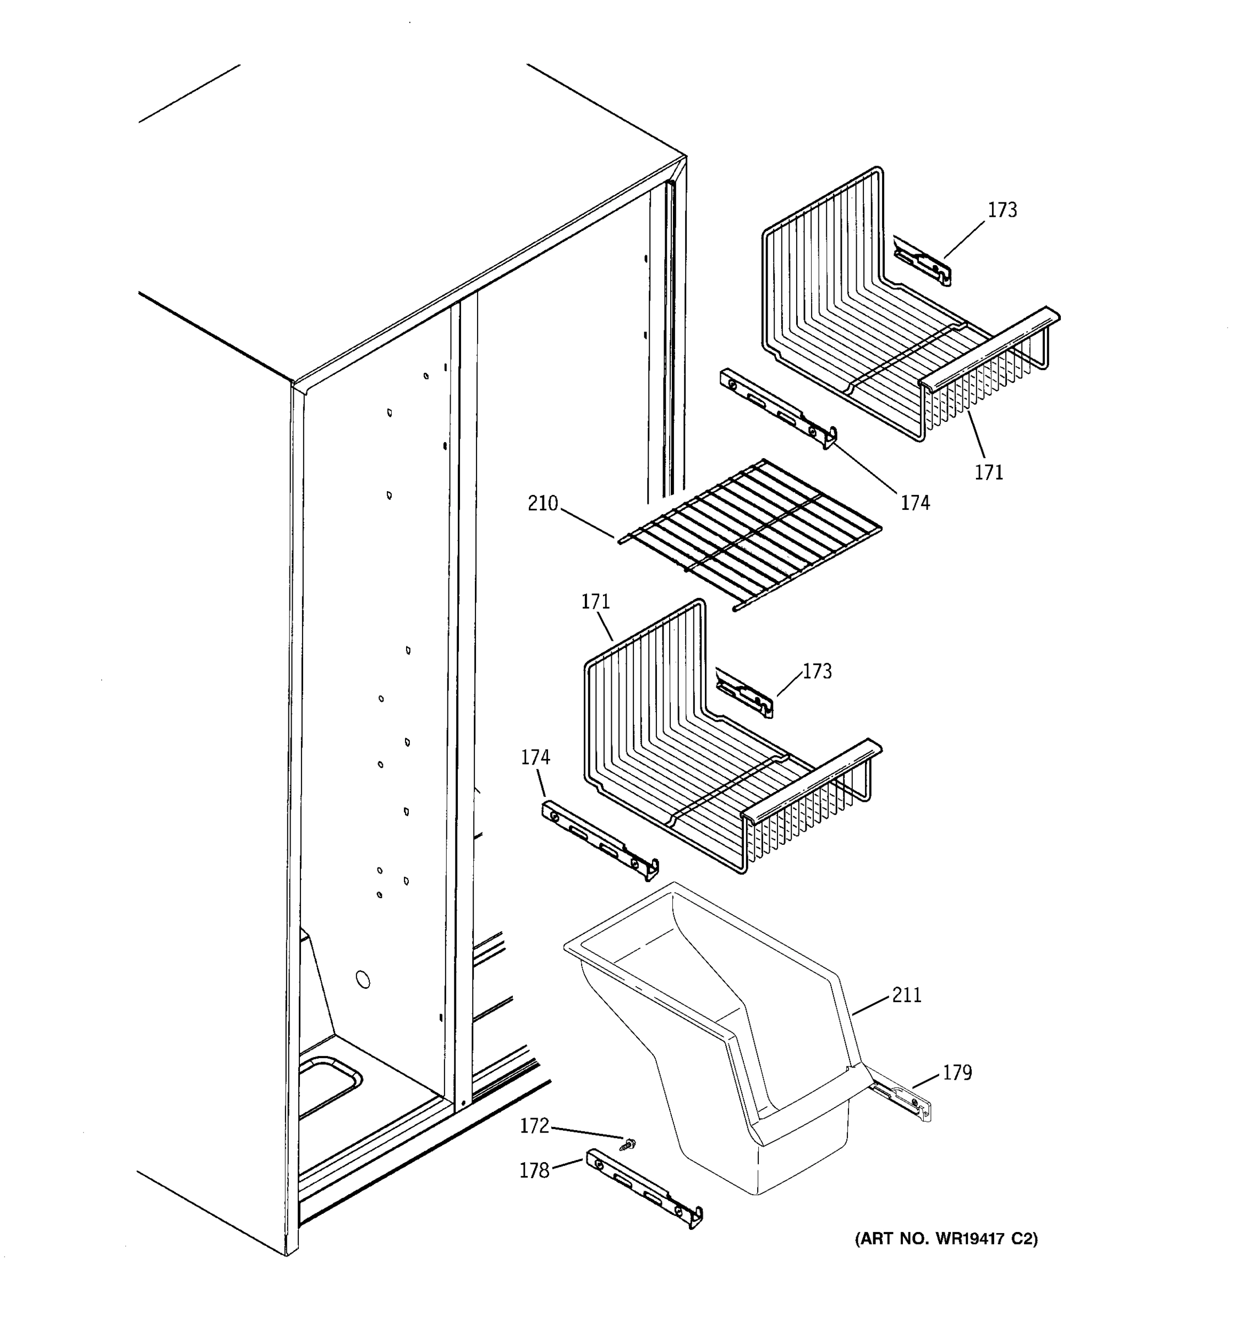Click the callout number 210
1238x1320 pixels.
point(542,504)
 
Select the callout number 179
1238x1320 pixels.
point(957,1072)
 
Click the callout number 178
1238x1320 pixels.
point(534,1170)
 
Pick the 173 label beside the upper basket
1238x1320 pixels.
point(1001,210)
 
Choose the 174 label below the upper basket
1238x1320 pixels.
point(914,503)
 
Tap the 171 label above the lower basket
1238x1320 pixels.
point(595,602)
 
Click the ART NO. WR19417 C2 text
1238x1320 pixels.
point(946,1239)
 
